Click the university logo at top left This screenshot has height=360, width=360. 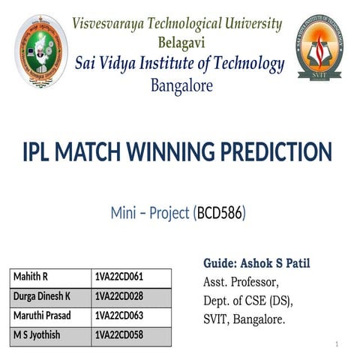click(42, 51)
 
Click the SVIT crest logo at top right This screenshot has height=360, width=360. click(319, 48)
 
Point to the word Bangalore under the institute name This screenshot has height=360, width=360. click(181, 85)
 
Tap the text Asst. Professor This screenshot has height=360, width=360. click(241, 283)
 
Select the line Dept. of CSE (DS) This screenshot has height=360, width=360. click(248, 301)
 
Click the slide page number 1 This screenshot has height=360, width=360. click(338, 344)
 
